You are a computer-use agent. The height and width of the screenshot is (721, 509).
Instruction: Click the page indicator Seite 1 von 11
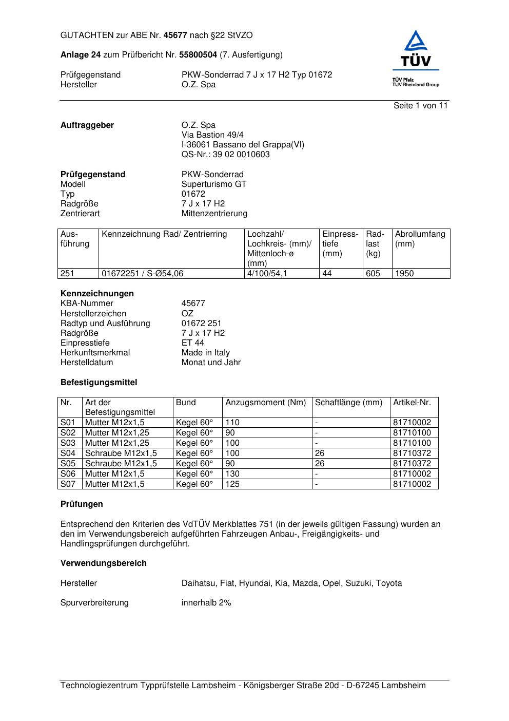(420, 106)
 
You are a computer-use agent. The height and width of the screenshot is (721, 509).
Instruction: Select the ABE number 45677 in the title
(175, 35)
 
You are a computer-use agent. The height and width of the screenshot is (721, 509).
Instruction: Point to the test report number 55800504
(198, 55)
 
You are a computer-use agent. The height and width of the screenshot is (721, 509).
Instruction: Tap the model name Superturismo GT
(214, 184)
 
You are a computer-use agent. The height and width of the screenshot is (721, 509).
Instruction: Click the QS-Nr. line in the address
(225, 155)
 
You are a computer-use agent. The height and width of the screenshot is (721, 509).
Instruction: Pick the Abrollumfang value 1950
(404, 274)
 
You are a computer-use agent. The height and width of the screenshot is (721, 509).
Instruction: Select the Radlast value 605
(373, 274)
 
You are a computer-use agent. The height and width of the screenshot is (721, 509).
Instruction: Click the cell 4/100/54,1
(267, 274)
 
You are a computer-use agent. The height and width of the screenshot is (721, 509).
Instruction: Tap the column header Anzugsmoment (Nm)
(266, 403)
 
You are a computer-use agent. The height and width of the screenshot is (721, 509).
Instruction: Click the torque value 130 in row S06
(232, 474)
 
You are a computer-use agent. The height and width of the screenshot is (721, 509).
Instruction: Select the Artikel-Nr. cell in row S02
(412, 433)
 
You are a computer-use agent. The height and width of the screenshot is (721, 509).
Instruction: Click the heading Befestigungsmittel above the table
(99, 383)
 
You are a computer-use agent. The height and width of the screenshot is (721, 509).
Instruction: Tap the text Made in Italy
(205, 353)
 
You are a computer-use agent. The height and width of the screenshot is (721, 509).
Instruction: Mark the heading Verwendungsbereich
(104, 563)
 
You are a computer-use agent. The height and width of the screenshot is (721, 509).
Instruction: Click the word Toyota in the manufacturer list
(389, 583)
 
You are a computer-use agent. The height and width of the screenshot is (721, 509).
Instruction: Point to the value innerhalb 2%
(206, 603)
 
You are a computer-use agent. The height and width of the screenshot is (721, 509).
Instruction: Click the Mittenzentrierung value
(214, 214)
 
